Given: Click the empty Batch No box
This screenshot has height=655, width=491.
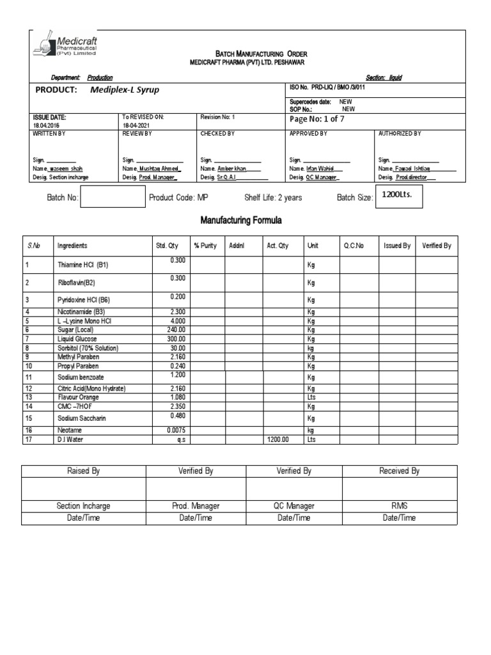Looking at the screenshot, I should pyautogui.click(x=113, y=198).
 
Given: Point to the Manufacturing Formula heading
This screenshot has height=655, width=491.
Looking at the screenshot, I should pyautogui.click(x=241, y=221).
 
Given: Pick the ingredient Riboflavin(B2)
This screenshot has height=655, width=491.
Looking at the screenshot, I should pyautogui.click(x=78, y=282).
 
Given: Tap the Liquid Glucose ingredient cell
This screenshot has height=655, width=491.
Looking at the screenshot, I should pyautogui.click(x=77, y=338).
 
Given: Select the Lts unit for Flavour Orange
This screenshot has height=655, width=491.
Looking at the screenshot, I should pyautogui.click(x=311, y=397).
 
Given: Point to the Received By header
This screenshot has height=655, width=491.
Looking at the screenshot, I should pyautogui.click(x=400, y=471).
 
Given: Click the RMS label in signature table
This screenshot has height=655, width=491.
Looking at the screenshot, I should pyautogui.click(x=400, y=506).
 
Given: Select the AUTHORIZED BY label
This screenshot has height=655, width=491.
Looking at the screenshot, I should pyautogui.click(x=400, y=134).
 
